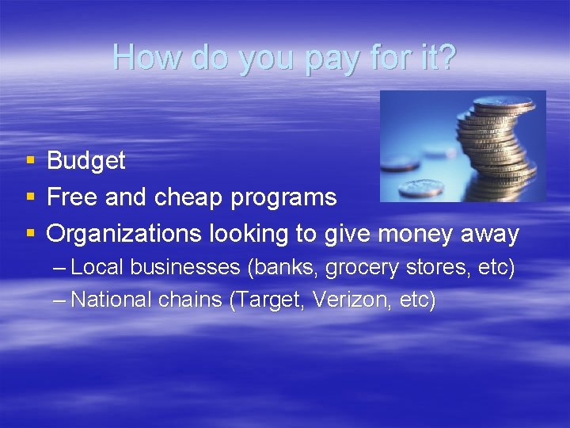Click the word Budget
tap(86, 161)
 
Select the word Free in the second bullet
tap(73, 197)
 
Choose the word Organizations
tap(124, 235)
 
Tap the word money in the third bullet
tap(416, 235)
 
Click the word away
tap(489, 235)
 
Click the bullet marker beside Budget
tap(30, 161)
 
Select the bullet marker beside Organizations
tap(30, 235)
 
